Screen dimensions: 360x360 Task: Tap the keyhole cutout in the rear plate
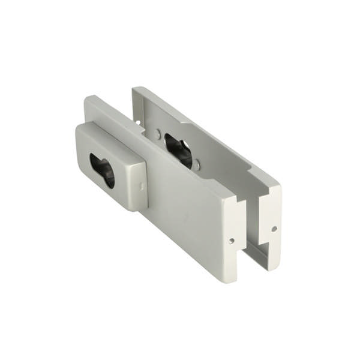click(178, 150)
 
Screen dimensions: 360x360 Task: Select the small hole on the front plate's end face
click(232, 241)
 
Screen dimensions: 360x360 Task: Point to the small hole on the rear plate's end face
click(274, 229)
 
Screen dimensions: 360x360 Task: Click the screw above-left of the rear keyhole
click(158, 135)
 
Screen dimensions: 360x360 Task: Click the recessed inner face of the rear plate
click(222, 162)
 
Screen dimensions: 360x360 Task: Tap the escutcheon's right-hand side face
click(139, 186)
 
